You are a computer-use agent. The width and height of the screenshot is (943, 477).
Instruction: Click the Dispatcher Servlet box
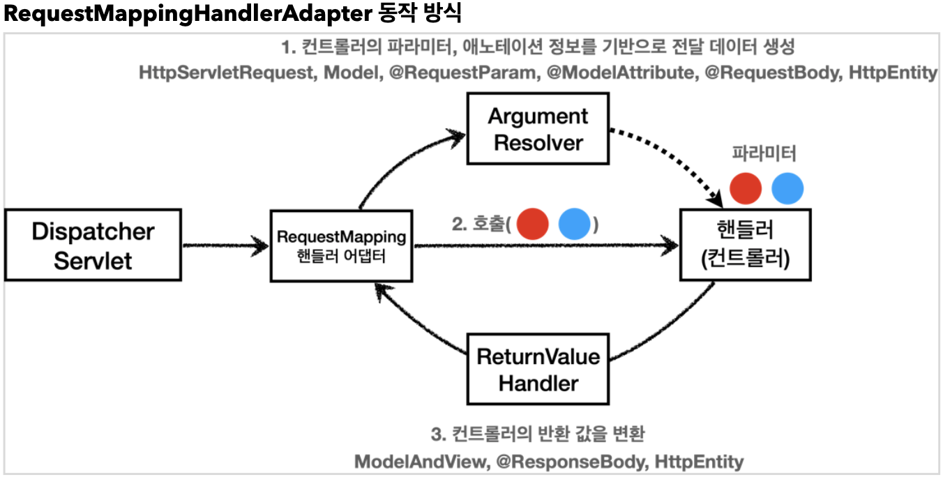click(x=93, y=245)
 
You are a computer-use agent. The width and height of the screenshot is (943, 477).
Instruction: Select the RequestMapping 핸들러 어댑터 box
click(x=341, y=245)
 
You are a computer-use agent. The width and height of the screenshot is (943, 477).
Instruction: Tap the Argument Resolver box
click(x=537, y=130)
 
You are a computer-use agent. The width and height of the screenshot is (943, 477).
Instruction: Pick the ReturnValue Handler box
click(x=538, y=370)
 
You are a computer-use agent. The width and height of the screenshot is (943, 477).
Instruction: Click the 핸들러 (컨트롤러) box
click(x=745, y=245)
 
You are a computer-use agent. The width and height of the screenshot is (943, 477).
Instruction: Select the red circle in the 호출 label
click(x=534, y=225)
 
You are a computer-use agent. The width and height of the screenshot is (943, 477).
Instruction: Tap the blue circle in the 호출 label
click(x=575, y=225)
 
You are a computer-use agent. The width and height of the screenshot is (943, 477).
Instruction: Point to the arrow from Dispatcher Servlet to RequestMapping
click(x=225, y=245)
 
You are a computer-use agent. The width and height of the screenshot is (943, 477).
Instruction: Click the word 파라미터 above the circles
click(x=764, y=153)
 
